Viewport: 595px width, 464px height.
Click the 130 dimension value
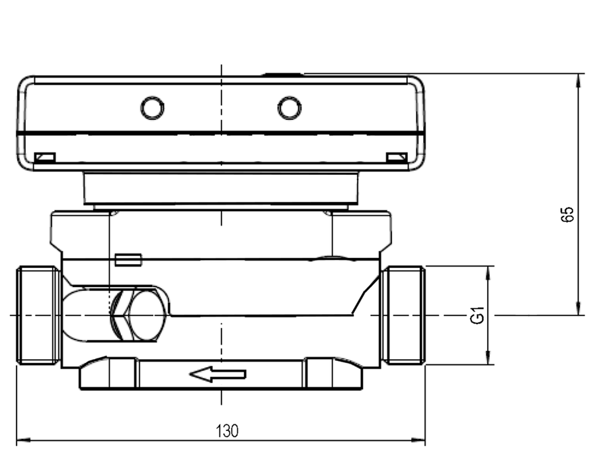click(227, 430)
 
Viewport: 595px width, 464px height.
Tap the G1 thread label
click(477, 315)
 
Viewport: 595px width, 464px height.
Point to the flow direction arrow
click(218, 374)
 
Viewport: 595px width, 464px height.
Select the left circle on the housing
click(153, 108)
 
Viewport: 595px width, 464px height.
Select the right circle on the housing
click(290, 108)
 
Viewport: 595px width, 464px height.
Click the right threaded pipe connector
click(403, 315)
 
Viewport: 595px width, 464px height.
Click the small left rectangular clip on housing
click(45, 158)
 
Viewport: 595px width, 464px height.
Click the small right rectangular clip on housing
click(397, 158)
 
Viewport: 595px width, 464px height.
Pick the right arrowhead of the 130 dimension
click(418, 440)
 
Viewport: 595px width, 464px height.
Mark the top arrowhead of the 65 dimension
click(578, 81)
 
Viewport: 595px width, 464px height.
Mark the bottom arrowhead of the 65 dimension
click(578, 308)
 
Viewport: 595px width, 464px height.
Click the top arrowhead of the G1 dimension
click(489, 273)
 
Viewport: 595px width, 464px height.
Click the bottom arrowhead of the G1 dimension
click(489, 358)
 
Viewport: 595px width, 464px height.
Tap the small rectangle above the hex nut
click(128, 260)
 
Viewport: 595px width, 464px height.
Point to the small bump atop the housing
click(283, 75)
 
